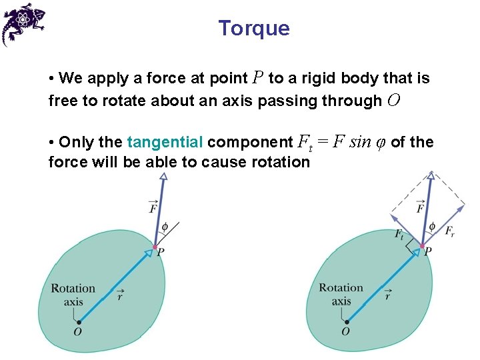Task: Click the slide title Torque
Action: [253, 28]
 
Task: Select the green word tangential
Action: [165, 142]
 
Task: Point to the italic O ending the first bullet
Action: [393, 101]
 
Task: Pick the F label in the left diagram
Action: [154, 208]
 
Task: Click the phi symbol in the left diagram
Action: [164, 226]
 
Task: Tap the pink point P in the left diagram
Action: [155, 247]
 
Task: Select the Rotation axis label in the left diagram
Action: [73, 295]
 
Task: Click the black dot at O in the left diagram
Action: [78, 322]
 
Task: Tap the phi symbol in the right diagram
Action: [431, 227]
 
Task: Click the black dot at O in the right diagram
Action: [346, 322]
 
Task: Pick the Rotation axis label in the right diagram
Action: [341, 294]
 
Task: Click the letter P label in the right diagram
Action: [427, 251]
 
